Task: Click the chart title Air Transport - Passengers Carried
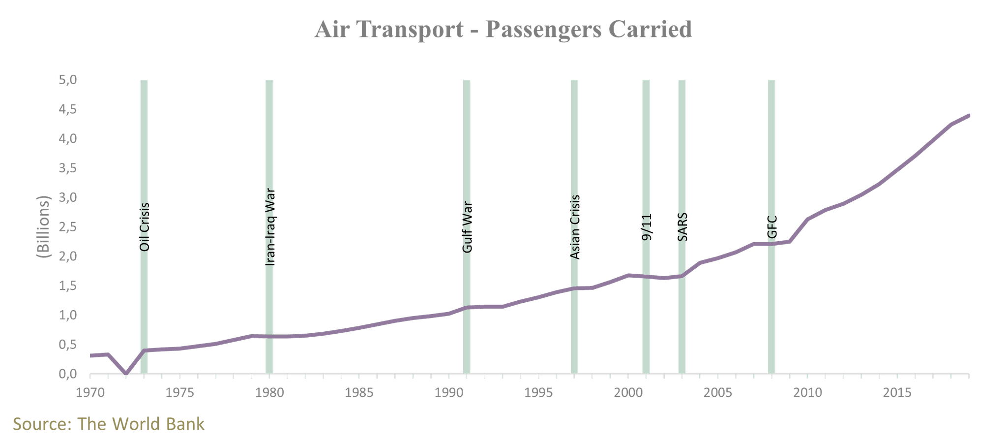(503, 30)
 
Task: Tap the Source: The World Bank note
(109, 424)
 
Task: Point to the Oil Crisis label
(144, 227)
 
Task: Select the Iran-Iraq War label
(270, 227)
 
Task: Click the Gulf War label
(467, 227)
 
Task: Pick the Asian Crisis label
(575, 227)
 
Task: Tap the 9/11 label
(647, 227)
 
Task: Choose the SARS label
(682, 227)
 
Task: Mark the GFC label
(772, 227)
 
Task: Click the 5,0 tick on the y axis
(68, 80)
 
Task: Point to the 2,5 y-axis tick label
(68, 227)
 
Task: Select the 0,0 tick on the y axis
(68, 375)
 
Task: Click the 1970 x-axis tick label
(90, 393)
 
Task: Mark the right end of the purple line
(969, 115)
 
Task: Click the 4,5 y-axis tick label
(68, 109)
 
